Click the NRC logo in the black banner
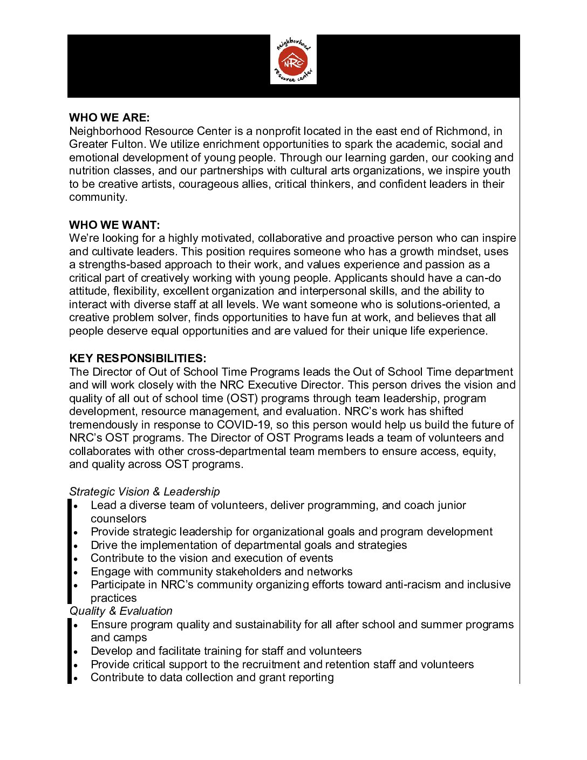pos(293,60)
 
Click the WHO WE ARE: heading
pos(109,118)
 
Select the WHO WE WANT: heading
pos(114,225)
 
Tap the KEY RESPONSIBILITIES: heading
pos(138,358)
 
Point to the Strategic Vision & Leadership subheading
pos(144,492)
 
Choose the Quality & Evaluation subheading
pos(120,611)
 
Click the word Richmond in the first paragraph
pos(462,131)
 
